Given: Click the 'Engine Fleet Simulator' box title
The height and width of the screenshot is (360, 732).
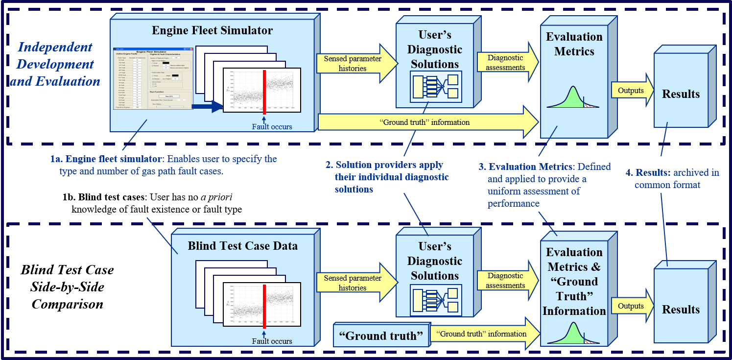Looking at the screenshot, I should point(212,30).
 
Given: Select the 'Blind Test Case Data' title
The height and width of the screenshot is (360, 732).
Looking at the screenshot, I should point(242,246).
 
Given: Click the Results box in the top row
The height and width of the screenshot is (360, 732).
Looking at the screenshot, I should point(681,94).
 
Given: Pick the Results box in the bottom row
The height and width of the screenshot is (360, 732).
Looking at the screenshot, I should point(681,310).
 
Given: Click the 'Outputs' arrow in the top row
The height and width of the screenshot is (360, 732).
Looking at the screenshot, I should point(632,91).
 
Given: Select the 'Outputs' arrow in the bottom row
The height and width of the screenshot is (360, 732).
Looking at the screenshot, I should point(632,306).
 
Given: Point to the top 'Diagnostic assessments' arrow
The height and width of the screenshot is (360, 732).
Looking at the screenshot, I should point(507,63).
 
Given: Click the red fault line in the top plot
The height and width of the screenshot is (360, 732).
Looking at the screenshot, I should point(264,91).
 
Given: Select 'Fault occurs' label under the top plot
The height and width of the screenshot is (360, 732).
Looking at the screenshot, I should point(272,127).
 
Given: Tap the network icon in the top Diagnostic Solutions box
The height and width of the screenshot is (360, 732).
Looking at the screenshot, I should point(435,87).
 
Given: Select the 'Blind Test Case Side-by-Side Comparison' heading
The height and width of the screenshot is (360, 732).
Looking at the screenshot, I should point(68,287).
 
